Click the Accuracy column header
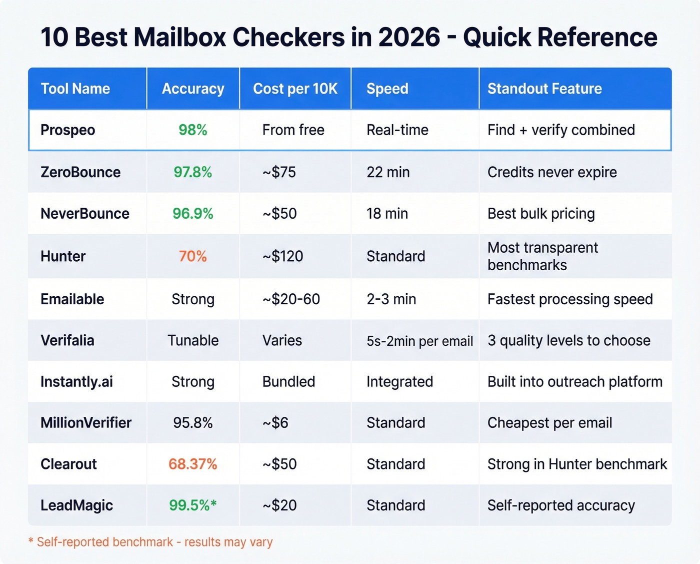[x=193, y=89]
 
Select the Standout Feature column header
[x=544, y=89]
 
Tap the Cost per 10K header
[x=295, y=89]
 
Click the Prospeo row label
[x=67, y=130]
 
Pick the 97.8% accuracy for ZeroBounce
[x=193, y=172]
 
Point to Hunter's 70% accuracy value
[x=193, y=256]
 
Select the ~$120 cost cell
[x=283, y=256]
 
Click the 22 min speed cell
[x=388, y=172]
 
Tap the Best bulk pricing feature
[x=541, y=214]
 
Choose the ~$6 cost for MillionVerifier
[x=275, y=423]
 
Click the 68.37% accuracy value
[x=193, y=464]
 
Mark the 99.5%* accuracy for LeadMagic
[x=193, y=505]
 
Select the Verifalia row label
[x=67, y=340]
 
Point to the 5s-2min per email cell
[x=419, y=341]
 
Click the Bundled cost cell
[x=288, y=382]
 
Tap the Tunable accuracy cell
[x=193, y=340]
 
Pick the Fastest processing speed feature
[x=570, y=299]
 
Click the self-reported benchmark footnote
[x=150, y=542]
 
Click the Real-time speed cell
[x=397, y=130]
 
